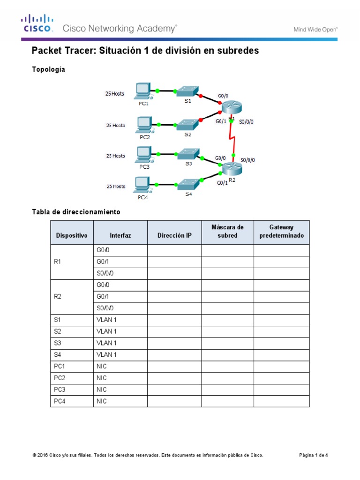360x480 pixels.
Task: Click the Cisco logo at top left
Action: [37, 23]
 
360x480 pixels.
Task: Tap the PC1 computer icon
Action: [142, 90]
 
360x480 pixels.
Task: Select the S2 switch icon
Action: [187, 124]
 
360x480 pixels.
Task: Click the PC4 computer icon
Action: [142, 184]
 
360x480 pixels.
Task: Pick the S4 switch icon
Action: [188, 183]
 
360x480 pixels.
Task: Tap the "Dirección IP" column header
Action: [174, 235]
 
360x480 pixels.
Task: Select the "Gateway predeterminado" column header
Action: [281, 232]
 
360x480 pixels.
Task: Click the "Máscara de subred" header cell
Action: [227, 232]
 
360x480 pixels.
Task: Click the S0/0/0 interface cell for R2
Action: [105, 308]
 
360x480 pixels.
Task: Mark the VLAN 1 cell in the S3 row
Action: [106, 343]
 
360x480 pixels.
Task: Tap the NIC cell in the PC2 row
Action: [102, 378]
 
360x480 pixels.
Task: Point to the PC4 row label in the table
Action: [59, 401]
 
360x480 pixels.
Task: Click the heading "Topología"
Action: [48, 69]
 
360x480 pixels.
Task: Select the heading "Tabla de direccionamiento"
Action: [76, 212]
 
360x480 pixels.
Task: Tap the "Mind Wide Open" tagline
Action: [315, 29]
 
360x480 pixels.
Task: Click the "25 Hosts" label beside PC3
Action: [115, 156]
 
